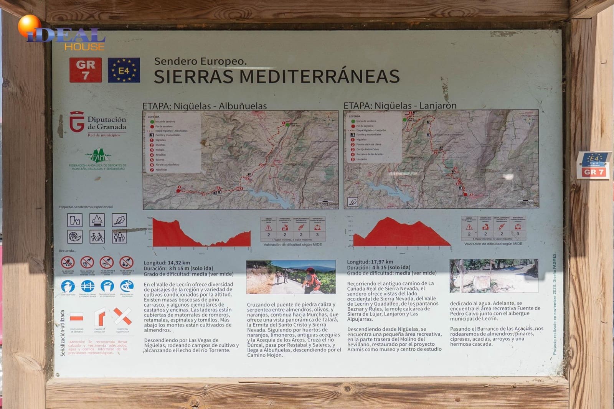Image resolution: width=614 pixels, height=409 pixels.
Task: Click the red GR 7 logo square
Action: click(86, 70)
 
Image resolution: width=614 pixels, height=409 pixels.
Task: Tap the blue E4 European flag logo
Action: click(124, 70)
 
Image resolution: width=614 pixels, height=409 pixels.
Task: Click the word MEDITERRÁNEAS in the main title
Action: click(319, 76)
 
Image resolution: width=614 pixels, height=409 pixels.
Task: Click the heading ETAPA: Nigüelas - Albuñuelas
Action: click(205, 106)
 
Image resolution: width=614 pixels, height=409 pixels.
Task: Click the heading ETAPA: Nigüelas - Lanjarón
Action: click(400, 106)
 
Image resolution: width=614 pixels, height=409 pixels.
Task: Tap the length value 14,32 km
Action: click(179, 263)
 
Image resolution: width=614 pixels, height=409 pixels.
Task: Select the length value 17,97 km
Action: click(382, 262)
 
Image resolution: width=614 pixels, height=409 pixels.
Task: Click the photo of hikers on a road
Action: click(291, 277)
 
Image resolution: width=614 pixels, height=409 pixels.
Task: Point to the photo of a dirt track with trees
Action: click(494, 275)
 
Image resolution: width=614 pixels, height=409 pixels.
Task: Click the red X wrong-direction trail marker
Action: click(123, 317)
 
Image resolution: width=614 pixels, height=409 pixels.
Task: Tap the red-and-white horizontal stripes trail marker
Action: click(76, 317)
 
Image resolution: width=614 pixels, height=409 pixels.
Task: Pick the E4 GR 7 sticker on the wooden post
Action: click(593, 165)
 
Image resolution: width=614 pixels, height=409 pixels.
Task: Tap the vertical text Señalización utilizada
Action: click(63, 333)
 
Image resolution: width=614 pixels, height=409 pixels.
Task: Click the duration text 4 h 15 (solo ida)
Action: click(391, 267)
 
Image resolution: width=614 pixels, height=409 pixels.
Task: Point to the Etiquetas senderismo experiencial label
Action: click(86, 207)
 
